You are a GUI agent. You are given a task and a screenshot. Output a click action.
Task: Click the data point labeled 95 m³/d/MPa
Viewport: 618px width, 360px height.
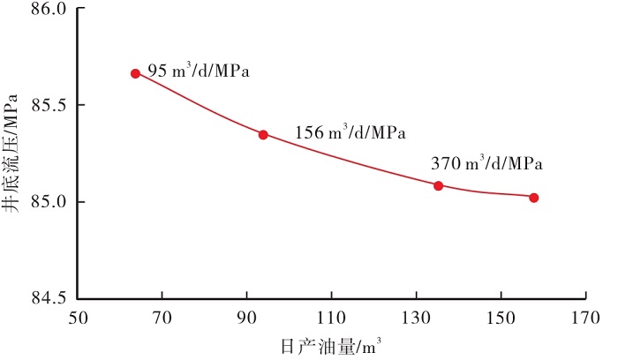(135, 73)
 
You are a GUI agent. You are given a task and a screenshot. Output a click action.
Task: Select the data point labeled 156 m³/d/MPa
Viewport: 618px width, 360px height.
(263, 134)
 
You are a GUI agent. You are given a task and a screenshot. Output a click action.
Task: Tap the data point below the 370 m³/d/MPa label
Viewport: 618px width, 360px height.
(438, 185)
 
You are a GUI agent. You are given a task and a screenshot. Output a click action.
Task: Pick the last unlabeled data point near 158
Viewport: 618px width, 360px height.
(534, 198)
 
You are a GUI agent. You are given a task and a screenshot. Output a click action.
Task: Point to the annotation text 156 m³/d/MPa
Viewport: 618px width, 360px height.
(350, 133)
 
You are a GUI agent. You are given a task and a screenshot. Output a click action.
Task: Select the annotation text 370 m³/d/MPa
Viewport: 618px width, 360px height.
(486, 163)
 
